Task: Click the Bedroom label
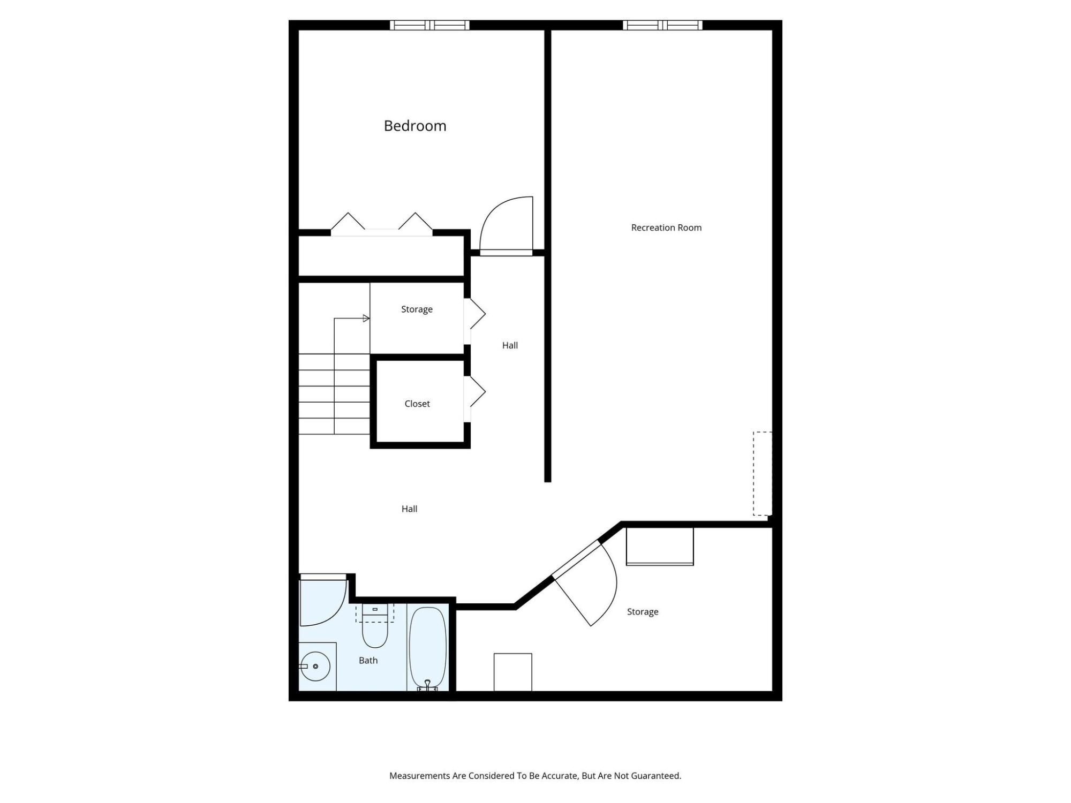[x=415, y=126]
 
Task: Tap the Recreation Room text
[x=666, y=228]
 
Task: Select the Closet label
[x=417, y=404]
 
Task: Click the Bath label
[x=368, y=661]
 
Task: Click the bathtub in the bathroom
[x=427, y=648]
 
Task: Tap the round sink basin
[x=315, y=666]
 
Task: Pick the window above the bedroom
[x=429, y=25]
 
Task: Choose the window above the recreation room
[x=662, y=25]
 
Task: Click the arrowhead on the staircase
[x=366, y=319]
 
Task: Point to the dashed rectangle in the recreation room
[x=763, y=474]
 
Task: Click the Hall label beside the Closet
[x=510, y=346]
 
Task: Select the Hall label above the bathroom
[x=410, y=509]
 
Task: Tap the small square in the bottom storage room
[x=513, y=672]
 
